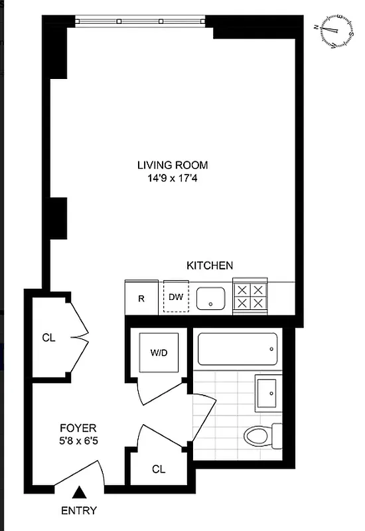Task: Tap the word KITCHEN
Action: [209, 265]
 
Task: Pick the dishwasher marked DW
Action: [175, 298]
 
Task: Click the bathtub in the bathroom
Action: [238, 349]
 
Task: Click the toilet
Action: [263, 435]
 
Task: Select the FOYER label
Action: [78, 428]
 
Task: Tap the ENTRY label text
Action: [79, 510]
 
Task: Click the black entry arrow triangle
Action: [79, 492]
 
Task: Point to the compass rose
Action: [335, 31]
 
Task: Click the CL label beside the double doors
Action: [48, 337]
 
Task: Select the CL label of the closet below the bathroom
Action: [158, 469]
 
